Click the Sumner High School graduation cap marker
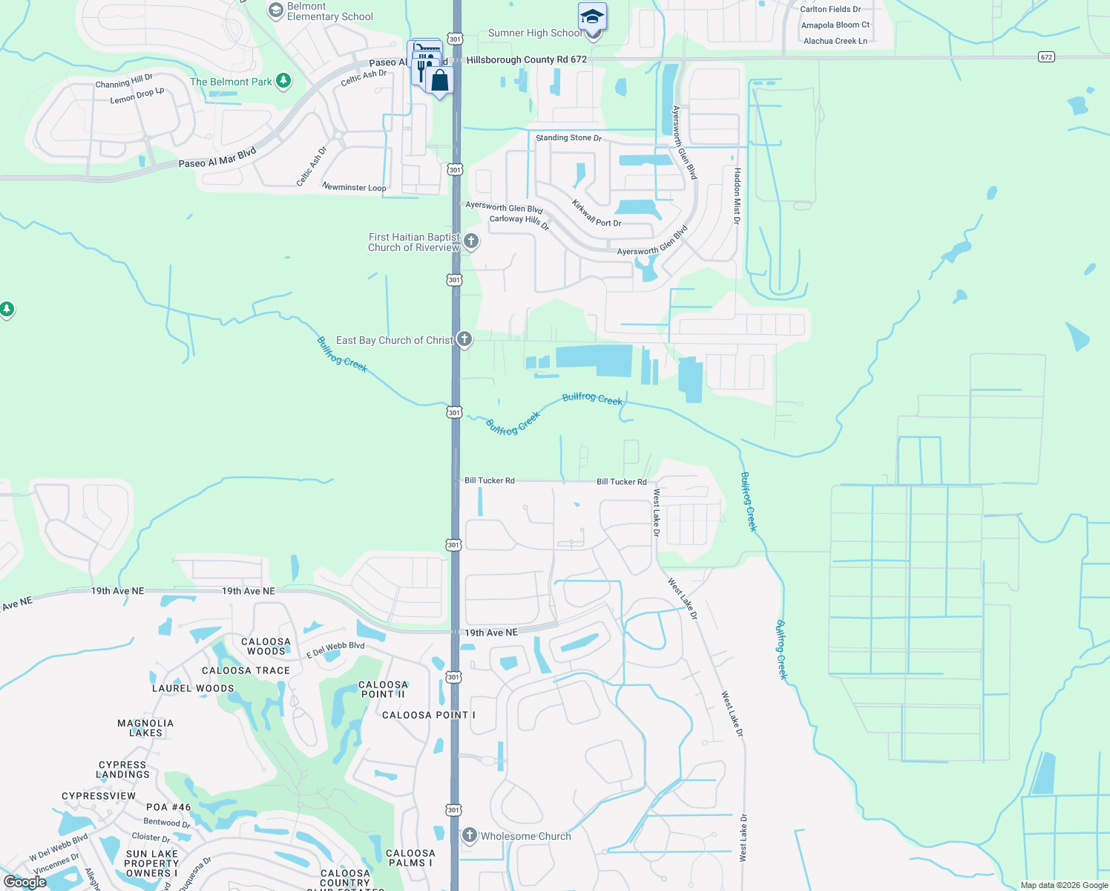coord(592,17)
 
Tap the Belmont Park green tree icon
coord(283,81)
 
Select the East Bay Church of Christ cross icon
coord(464,339)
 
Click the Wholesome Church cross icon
coord(469,835)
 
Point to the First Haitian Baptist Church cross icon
coord(470,241)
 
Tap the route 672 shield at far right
coord(1046,56)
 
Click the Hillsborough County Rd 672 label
coord(526,59)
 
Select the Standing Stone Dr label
coord(568,137)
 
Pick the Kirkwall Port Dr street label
coord(596,213)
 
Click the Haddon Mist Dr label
coord(737,195)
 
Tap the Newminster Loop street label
coord(354,187)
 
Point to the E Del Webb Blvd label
coord(335,650)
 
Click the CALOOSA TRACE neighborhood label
coord(246,670)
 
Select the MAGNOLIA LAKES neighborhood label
coord(145,728)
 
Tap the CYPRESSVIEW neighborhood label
coord(99,796)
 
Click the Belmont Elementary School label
coord(329,11)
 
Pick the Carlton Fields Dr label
coord(830,9)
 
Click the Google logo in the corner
coord(24,882)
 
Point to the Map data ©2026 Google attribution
coord(1064,885)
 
